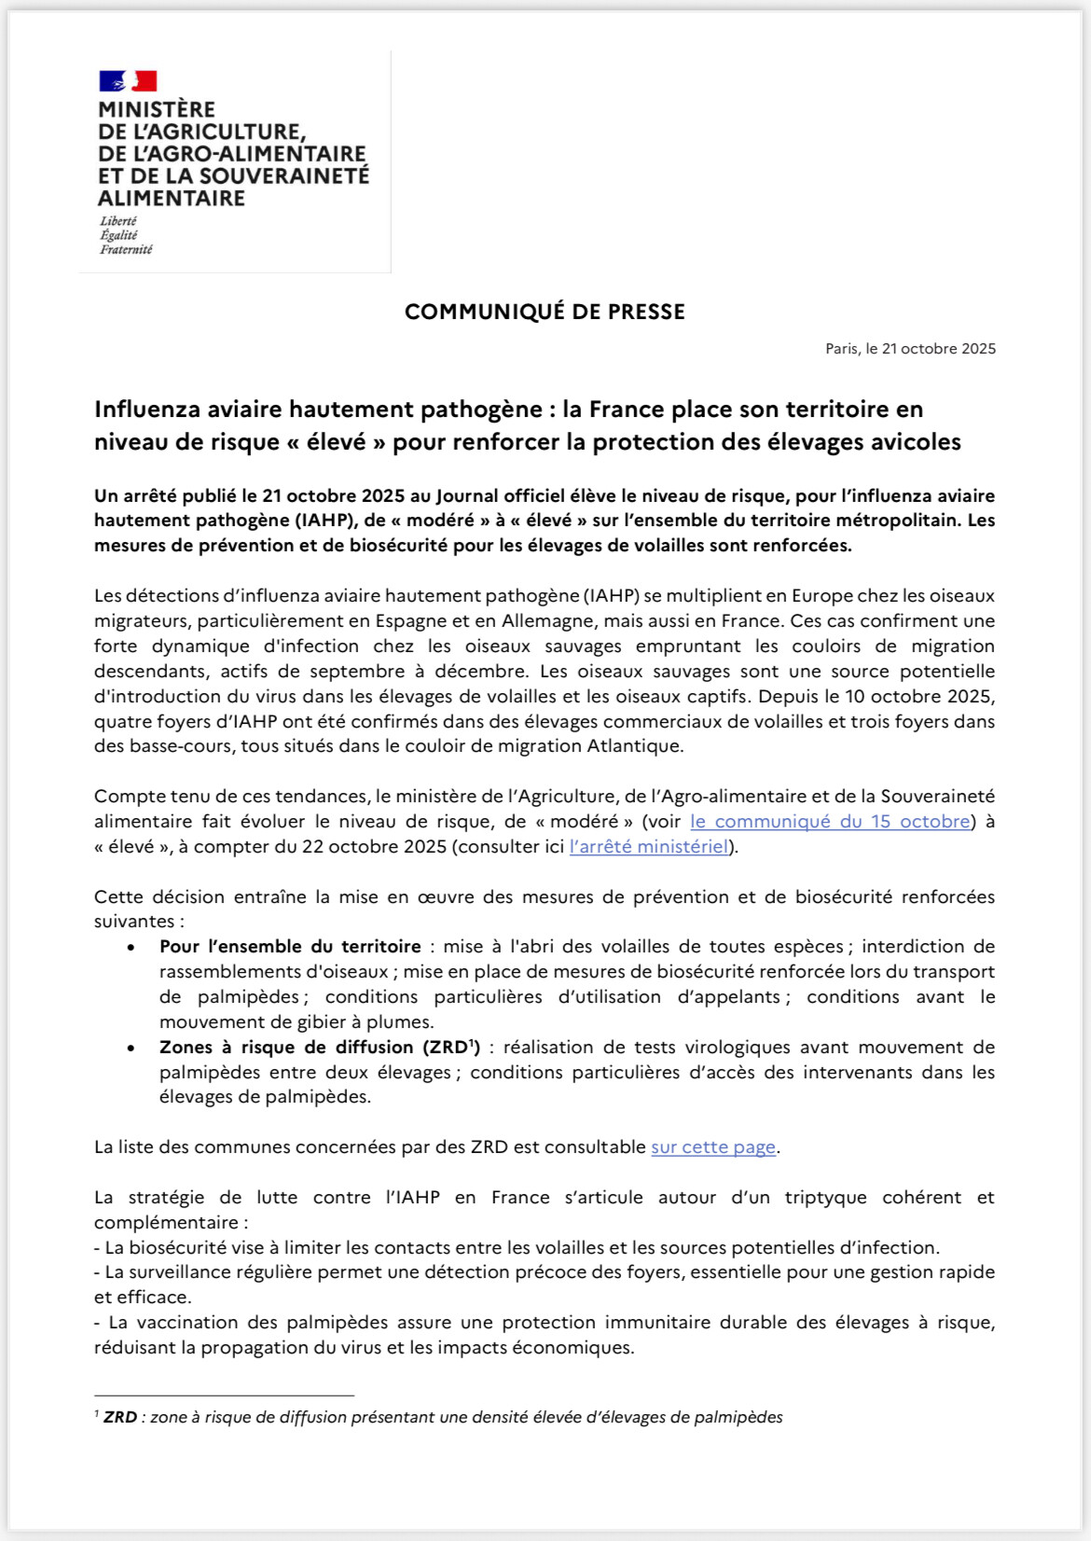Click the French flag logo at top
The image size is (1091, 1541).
pyautogui.click(x=128, y=81)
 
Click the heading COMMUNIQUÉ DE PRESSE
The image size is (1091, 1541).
pyautogui.click(x=545, y=312)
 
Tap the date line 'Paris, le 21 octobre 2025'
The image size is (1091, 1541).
pyautogui.click(x=910, y=349)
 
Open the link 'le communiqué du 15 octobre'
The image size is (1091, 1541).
pyautogui.click(x=830, y=822)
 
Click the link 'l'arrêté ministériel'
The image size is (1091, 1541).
pyautogui.click(x=649, y=847)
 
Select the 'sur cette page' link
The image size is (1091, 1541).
pyautogui.click(x=713, y=1147)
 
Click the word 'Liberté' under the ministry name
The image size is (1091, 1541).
pyautogui.click(x=118, y=221)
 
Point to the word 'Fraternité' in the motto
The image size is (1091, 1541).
pyautogui.click(x=126, y=250)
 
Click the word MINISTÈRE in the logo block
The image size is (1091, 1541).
pyautogui.click(x=157, y=110)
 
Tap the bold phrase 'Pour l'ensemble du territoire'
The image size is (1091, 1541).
pyautogui.click(x=290, y=947)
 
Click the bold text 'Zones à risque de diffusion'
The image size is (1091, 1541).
pyautogui.click(x=286, y=1048)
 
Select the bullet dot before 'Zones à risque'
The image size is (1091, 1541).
pyautogui.click(x=131, y=1048)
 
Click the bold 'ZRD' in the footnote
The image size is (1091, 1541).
pyautogui.click(x=120, y=1418)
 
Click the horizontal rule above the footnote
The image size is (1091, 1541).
pyautogui.click(x=224, y=1395)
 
